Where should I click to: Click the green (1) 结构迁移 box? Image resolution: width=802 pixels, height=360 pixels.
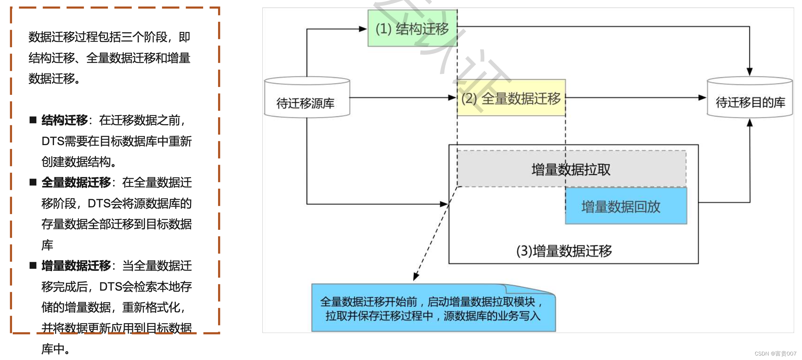pos(412,28)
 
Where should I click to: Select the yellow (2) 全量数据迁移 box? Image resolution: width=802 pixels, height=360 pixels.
pos(511,98)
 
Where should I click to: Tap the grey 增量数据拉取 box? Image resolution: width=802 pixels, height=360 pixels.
pos(571,169)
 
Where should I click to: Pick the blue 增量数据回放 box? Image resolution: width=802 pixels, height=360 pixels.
pos(626,206)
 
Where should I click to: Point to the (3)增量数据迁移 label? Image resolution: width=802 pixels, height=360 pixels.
pos(564,251)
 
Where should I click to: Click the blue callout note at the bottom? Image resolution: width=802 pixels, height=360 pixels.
pos(433,308)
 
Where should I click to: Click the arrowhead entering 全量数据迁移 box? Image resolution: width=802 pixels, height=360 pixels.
pos(452,97)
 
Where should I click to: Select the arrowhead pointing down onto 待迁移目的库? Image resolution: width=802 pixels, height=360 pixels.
pos(750,72)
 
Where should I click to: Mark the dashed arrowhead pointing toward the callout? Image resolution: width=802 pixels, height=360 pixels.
pos(416,277)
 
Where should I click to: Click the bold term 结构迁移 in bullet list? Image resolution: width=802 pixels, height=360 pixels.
pos(64,120)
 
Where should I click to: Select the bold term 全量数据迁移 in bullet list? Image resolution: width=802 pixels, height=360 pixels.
pos(76,183)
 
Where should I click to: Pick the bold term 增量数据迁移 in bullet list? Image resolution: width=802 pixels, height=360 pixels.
pos(76,266)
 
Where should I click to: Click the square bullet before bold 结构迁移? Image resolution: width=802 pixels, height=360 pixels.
pos(33,120)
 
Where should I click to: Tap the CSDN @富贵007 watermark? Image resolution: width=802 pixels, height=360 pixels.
pos(775,354)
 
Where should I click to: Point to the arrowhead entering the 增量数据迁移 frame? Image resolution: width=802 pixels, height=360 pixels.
pos(444,204)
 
